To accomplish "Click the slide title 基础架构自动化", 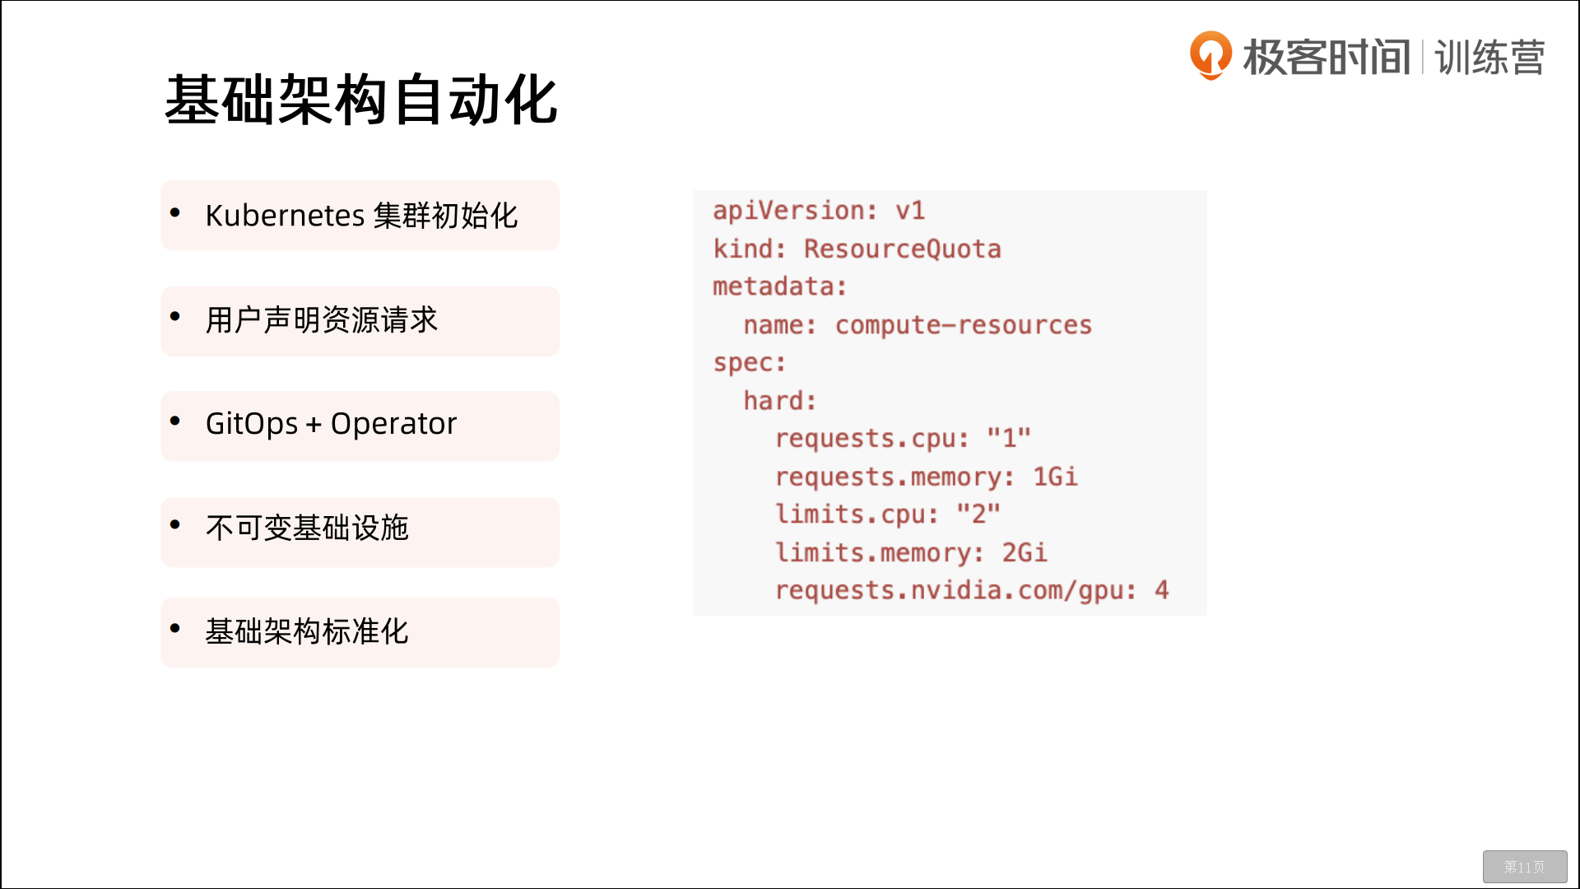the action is pos(361,100).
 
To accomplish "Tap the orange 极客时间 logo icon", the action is pos(1211,55).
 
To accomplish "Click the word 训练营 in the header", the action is pos(1489,58).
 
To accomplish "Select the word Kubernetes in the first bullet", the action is pos(285,216).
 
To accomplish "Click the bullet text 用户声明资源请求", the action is pos(322,320).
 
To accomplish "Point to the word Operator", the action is pos(393,424).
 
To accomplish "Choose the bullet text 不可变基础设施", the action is pos(307,528).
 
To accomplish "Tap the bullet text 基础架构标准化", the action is pos(307,632).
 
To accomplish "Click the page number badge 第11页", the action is pos(1525,867).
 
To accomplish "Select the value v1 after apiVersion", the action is pos(910,211).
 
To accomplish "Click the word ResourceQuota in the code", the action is pos(903,249).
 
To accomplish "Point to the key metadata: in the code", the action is pos(779,286).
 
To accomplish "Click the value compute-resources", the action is pos(964,325).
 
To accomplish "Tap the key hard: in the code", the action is pos(779,401).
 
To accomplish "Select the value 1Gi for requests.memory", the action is pos(1055,477).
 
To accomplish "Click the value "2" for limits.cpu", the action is pos(978,514).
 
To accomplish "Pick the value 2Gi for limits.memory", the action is pos(1025,552).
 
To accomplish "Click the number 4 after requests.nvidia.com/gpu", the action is pos(1161,590).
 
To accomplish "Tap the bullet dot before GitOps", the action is pos(174,421).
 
